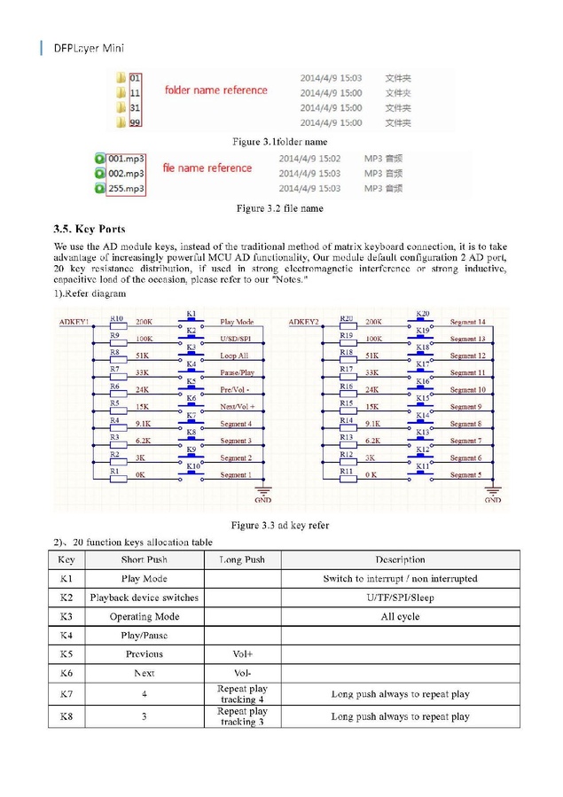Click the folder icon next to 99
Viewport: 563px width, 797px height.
click(121, 121)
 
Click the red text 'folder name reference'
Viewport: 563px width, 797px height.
click(215, 90)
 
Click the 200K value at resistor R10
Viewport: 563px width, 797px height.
click(144, 322)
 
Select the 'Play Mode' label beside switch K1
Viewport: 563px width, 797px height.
click(237, 322)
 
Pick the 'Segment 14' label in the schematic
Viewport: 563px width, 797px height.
click(467, 322)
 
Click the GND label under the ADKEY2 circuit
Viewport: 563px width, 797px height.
click(493, 500)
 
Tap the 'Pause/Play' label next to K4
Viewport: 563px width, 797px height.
click(237, 373)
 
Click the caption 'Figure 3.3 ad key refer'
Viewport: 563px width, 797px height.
click(280, 526)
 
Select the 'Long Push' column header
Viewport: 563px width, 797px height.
click(242, 559)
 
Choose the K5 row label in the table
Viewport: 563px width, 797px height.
click(66, 654)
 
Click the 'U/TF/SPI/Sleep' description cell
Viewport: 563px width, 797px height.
click(400, 598)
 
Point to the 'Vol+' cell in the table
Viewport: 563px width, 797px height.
click(243, 654)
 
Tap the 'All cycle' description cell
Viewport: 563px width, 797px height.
click(400, 616)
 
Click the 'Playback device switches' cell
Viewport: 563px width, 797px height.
click(144, 598)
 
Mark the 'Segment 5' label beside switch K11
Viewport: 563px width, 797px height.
click(465, 475)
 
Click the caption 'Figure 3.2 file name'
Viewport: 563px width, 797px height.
click(279, 208)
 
